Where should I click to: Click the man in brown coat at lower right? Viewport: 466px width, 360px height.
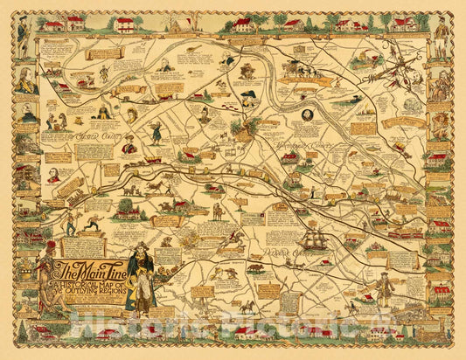pyautogui.click(x=380, y=288)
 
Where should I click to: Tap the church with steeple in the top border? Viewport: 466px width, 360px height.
pyautogui.click(x=180, y=24)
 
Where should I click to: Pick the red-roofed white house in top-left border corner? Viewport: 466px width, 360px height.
pyautogui.click(x=52, y=24)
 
